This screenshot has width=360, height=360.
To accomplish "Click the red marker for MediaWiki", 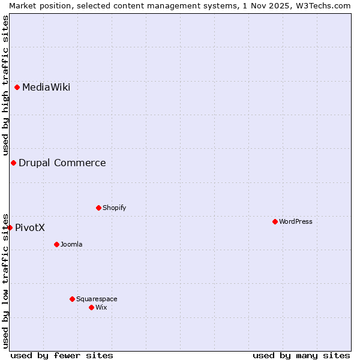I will [17, 88].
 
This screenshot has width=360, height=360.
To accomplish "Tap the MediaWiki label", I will [46, 88].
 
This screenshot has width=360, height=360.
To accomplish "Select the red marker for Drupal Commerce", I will [13, 163].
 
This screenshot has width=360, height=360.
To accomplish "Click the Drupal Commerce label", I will [62, 163].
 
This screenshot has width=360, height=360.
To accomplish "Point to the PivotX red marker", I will [10, 227].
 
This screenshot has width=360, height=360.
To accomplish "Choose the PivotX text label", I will [30, 228].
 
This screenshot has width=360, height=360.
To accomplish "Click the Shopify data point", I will [98, 208].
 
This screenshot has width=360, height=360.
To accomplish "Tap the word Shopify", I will [114, 208].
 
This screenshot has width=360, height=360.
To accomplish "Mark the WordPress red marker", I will [275, 222].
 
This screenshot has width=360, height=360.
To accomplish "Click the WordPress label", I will [295, 222].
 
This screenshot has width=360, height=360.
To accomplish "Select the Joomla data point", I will [56, 245].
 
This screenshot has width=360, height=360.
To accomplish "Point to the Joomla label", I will [71, 245].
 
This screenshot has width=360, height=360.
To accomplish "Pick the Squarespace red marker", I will [72, 299].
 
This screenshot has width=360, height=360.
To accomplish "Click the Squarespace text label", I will [97, 299].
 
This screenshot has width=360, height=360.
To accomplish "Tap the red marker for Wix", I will [91, 308].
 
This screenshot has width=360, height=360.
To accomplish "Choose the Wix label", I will [101, 308].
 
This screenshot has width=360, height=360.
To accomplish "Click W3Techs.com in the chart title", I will [323, 5].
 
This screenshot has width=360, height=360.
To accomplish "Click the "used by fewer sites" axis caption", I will [62, 356].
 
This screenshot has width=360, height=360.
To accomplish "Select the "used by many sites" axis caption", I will [301, 356].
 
